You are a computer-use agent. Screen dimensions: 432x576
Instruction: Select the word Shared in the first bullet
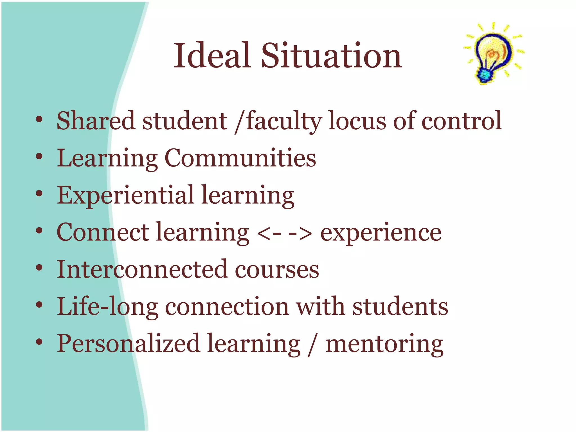(96, 121)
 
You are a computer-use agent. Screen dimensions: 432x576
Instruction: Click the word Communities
(240, 158)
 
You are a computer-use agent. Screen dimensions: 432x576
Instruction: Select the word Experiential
(125, 196)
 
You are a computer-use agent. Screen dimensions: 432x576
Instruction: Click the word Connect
(103, 232)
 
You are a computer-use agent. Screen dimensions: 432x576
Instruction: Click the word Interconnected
(142, 269)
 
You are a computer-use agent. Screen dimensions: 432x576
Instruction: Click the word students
(400, 307)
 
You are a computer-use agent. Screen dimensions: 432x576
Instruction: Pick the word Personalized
(128, 344)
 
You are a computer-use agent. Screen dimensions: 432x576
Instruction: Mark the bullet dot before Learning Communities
(39, 156)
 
